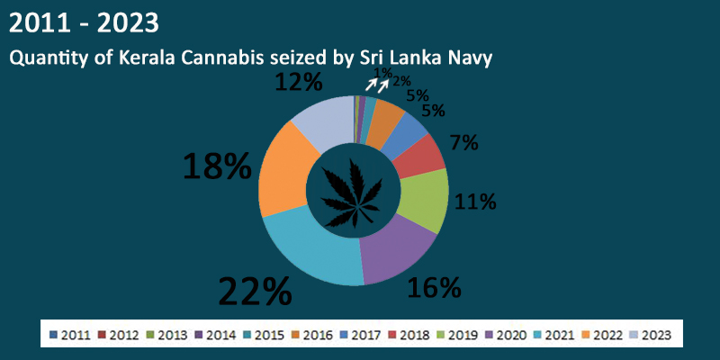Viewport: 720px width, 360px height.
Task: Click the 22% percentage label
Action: pyautogui.click(x=255, y=292)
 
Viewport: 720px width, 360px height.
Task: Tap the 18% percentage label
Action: pyautogui.click(x=216, y=166)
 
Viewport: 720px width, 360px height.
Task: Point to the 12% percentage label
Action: pyautogui.click(x=298, y=83)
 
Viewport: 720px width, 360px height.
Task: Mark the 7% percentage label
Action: pyautogui.click(x=463, y=142)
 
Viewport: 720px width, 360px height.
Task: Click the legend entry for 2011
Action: pyautogui.click(x=75, y=335)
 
